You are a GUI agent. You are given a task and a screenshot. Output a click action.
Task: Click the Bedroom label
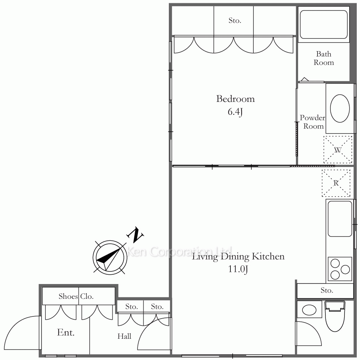point(235,99)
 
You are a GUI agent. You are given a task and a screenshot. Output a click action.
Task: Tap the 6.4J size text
point(235,112)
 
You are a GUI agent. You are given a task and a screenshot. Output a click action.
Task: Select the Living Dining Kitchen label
point(238,257)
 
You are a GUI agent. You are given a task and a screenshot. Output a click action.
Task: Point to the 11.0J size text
point(238,269)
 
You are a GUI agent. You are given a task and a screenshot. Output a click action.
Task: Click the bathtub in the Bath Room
point(324,24)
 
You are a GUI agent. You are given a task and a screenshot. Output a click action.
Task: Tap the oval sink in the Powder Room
point(340,108)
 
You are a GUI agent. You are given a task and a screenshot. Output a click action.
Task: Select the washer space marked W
point(338,150)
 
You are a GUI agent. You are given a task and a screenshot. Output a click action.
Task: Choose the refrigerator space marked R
point(336,183)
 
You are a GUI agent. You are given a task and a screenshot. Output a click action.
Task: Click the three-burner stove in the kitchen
point(340,269)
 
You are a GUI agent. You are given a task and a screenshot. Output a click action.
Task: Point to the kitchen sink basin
point(340,219)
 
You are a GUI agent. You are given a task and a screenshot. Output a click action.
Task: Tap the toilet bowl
point(335,316)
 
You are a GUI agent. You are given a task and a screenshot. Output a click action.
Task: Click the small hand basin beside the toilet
point(309,310)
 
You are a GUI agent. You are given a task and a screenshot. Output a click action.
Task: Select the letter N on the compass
point(135,235)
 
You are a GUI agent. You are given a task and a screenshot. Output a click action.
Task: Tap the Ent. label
point(66,332)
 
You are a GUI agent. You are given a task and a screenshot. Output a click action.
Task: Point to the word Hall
point(124,336)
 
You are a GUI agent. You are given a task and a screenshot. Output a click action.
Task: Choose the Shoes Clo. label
point(76,296)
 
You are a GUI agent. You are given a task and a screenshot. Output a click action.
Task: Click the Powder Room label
point(312,122)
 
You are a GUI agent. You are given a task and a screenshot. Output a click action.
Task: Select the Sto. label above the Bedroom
point(235,21)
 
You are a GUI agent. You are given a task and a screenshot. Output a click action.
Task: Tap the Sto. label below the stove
point(327,291)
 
